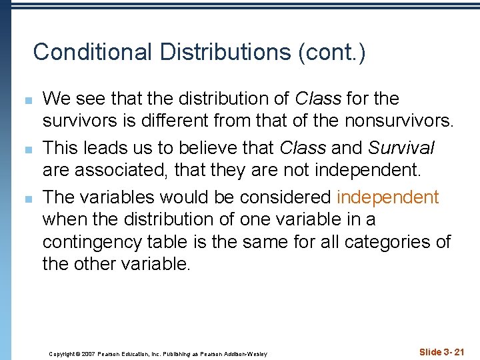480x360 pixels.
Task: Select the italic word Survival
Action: tap(401, 147)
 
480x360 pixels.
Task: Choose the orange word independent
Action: tap(387, 197)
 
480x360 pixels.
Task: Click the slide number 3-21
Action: tap(453, 351)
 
